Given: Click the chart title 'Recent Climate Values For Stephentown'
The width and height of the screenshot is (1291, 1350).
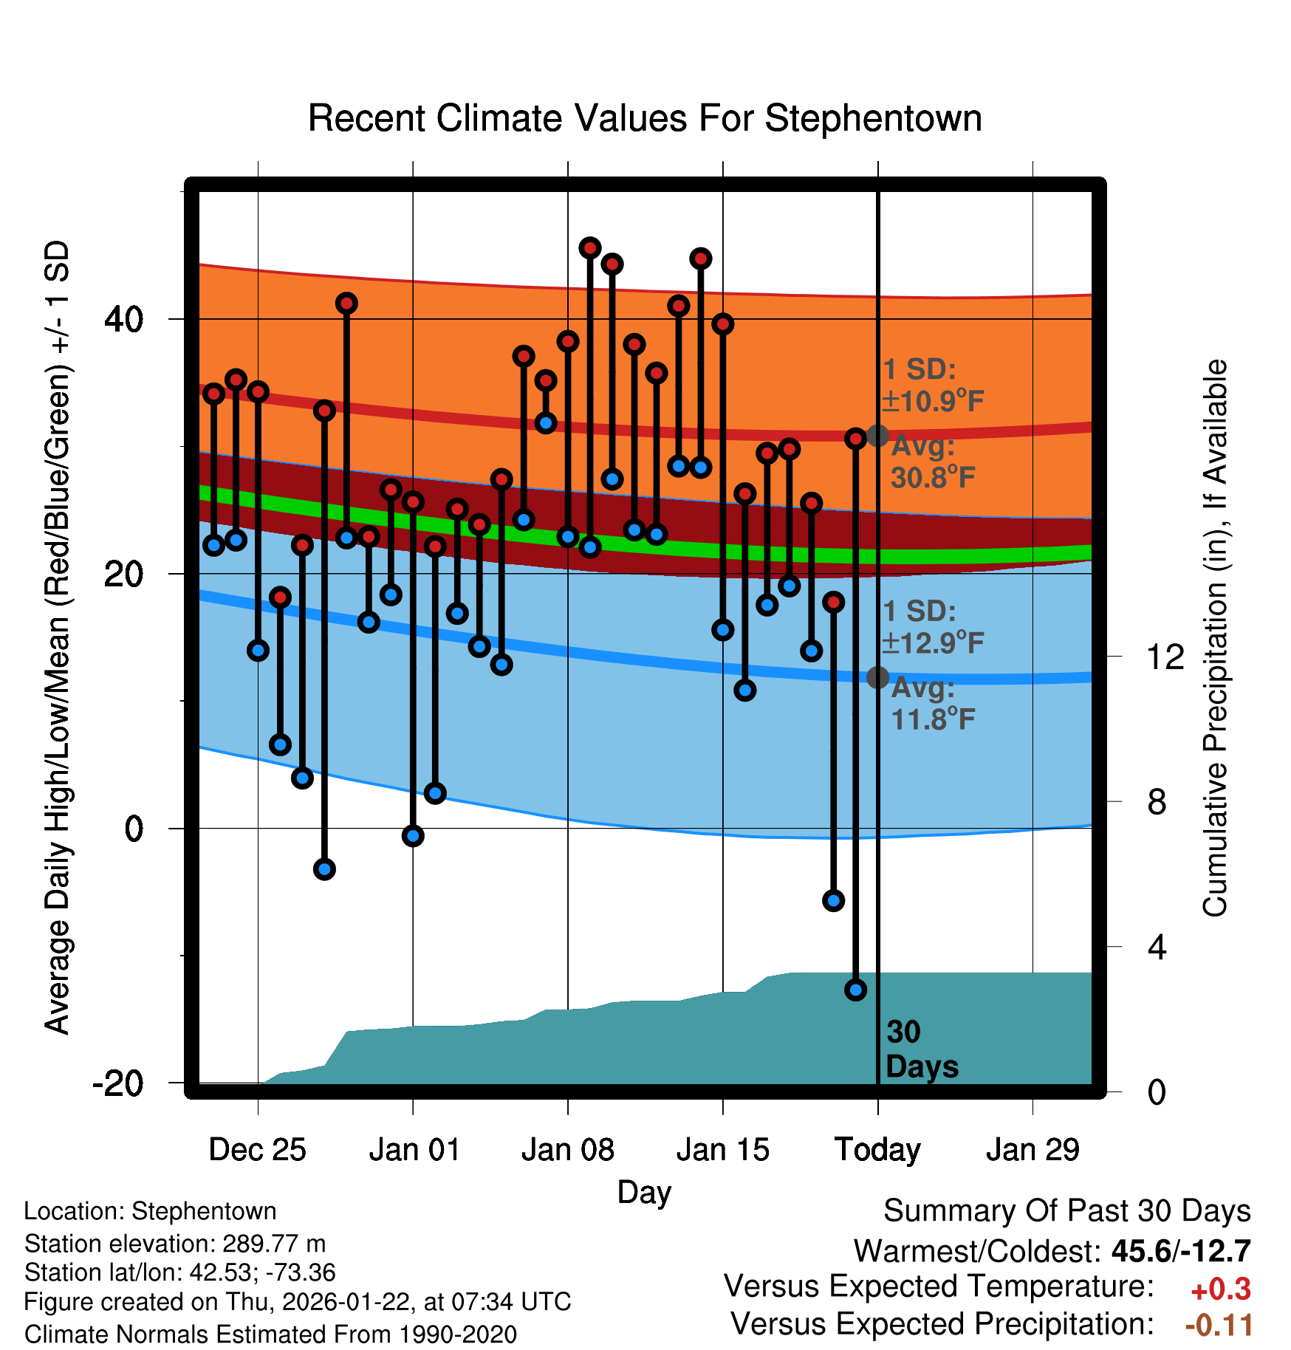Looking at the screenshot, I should point(645,118).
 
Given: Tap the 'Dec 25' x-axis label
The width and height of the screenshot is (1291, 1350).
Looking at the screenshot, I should point(257,1150).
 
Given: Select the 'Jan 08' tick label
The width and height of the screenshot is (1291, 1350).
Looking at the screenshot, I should point(567,1150).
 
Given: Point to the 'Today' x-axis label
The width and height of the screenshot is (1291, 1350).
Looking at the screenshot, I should point(877,1150).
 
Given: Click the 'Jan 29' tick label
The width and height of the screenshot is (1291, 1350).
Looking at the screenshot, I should point(1033,1150).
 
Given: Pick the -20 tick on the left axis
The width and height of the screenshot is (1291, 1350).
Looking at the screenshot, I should point(118,1083).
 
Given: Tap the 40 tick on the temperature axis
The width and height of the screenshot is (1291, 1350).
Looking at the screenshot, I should point(124,319).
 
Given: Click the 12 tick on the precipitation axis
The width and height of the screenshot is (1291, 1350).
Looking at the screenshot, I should point(1165,657).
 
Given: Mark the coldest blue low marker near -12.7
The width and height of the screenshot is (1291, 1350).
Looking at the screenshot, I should point(855,990).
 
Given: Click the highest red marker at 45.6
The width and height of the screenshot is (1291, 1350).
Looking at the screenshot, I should point(589,248).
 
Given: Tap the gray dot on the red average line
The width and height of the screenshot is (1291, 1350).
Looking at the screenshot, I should point(877,436).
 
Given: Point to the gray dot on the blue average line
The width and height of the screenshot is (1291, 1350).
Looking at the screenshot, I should point(877,677).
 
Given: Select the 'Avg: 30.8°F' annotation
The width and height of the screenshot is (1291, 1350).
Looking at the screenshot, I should point(932,462).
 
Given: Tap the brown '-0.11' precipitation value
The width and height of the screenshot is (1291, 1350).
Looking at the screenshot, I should point(1219,1326).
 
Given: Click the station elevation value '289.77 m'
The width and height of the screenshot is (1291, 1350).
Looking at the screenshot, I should point(274,1244).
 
